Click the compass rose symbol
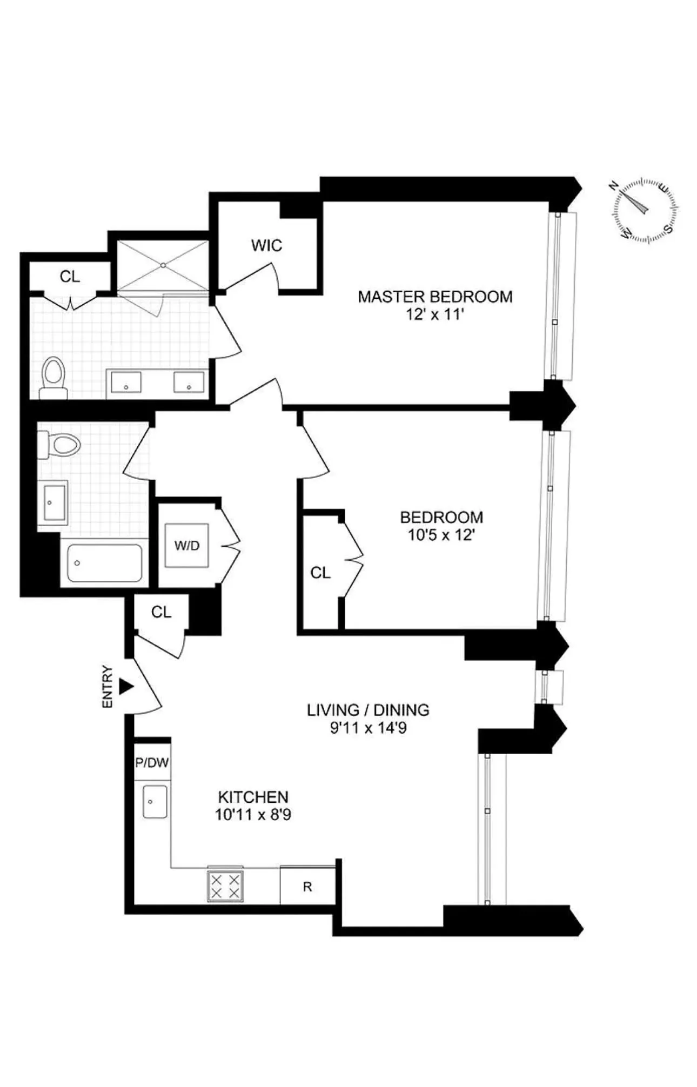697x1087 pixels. click(x=645, y=210)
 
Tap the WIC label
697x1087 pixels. click(x=266, y=245)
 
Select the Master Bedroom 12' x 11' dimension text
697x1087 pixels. click(x=435, y=314)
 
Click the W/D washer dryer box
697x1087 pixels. click(x=187, y=545)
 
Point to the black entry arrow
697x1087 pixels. click(x=126, y=687)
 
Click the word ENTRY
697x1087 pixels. click(x=108, y=687)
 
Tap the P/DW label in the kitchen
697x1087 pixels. click(x=152, y=763)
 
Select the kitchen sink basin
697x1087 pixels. click(x=155, y=802)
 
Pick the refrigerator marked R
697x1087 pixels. click(x=307, y=887)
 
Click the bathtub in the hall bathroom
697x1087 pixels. click(x=105, y=562)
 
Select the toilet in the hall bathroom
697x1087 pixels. click(x=59, y=445)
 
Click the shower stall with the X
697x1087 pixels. click(x=163, y=265)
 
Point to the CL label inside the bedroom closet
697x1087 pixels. click(x=320, y=573)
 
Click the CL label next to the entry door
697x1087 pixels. click(x=161, y=612)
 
